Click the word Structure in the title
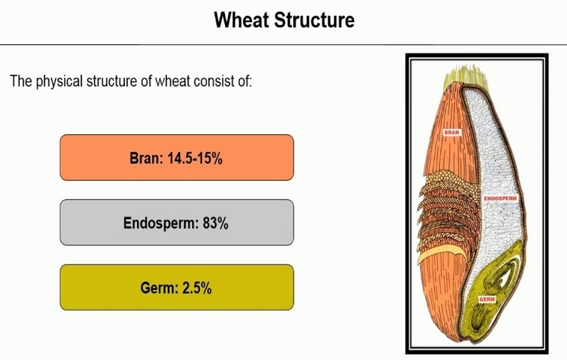pos(315,20)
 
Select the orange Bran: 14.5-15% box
pos(177,157)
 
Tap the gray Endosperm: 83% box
pos(177,223)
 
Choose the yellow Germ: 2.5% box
pos(177,287)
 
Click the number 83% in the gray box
pos(216,224)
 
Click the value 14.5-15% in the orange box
pos(195,159)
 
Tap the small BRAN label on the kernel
pos(452,132)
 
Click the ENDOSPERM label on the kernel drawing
pos(501,199)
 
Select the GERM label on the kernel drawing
pos(487,299)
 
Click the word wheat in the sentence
pos(173,81)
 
